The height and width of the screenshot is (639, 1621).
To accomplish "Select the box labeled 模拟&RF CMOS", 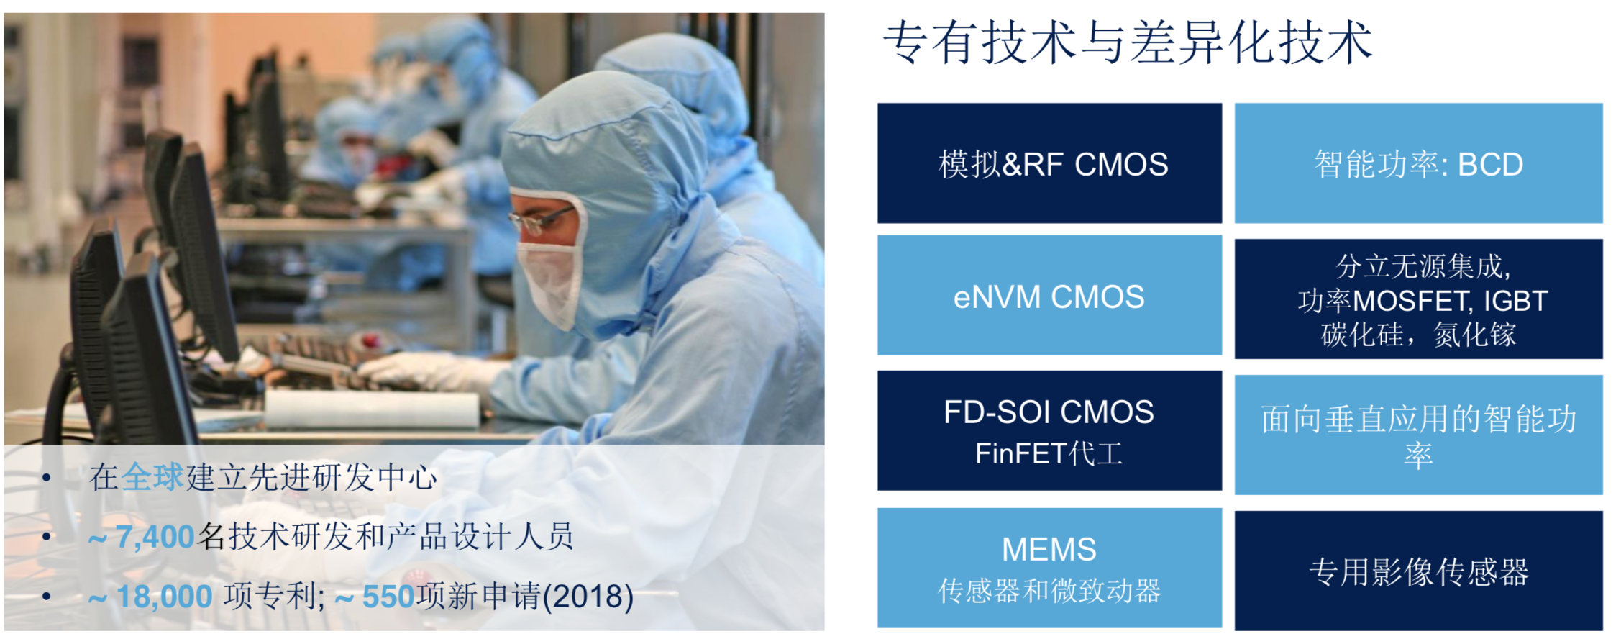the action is (x=1049, y=163).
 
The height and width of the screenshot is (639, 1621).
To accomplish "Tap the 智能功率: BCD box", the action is (x=1418, y=163).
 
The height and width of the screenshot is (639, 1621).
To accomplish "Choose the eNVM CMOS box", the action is (x=1049, y=295).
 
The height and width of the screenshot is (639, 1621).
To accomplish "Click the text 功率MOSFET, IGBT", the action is (x=1423, y=301).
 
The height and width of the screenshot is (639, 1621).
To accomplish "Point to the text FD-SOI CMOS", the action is (x=1049, y=412).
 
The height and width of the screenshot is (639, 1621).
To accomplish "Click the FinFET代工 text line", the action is (x=1049, y=453).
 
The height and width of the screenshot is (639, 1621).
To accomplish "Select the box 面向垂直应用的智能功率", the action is (x=1418, y=435).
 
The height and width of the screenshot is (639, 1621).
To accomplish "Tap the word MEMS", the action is (x=1049, y=549).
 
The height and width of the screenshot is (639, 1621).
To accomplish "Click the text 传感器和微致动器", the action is (x=1049, y=591).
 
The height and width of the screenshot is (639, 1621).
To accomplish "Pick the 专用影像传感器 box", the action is (x=1418, y=571).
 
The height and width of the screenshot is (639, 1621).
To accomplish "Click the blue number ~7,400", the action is (x=141, y=537).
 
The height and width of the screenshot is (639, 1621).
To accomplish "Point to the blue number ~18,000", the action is (x=150, y=597).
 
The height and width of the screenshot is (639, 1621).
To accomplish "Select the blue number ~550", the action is (x=375, y=597).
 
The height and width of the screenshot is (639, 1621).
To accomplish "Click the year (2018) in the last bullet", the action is (x=588, y=597).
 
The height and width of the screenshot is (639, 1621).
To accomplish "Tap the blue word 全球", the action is (x=152, y=477).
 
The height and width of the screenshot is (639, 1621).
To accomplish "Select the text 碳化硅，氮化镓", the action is (x=1418, y=335).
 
